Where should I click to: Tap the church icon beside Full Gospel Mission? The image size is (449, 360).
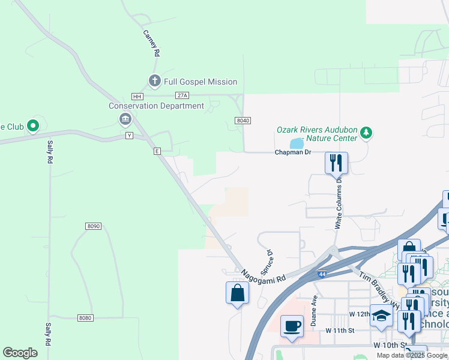(154, 81)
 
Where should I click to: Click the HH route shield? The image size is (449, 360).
(137, 97)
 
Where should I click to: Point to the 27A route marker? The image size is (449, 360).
(182, 95)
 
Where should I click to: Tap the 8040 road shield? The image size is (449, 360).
(243, 121)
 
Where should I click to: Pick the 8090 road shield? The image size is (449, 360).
(93, 226)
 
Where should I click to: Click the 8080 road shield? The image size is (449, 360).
(86, 318)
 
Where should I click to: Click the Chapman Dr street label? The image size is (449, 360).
(293, 152)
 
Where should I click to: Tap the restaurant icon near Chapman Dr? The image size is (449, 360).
(336, 162)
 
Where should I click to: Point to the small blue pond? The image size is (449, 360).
(297, 143)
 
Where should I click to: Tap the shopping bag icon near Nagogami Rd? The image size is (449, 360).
(237, 293)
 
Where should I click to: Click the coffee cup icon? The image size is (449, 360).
(292, 326)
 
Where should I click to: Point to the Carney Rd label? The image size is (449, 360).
(151, 44)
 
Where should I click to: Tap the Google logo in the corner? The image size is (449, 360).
(20, 353)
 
